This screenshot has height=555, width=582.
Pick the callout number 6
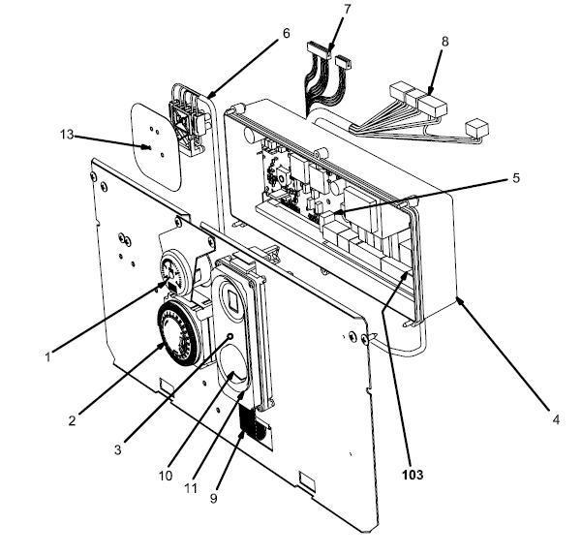coord(286,32)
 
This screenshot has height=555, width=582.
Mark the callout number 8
coord(444,42)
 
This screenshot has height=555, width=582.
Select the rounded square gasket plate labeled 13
coord(157,145)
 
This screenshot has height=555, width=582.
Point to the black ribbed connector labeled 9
coord(253,423)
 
